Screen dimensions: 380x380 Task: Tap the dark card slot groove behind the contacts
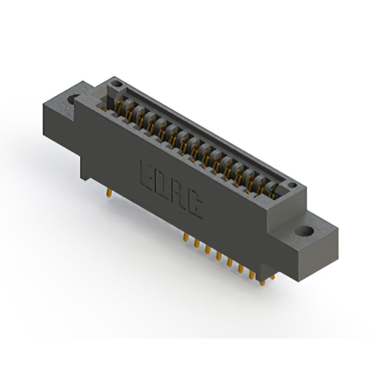(x=196, y=125)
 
